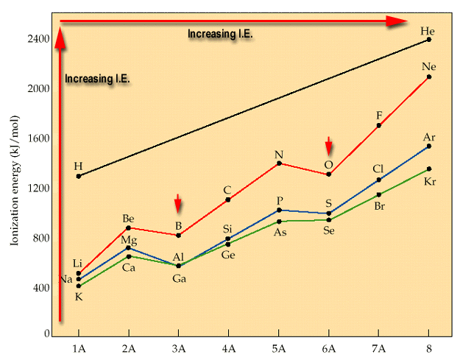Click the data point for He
pyautogui.click(x=428, y=39)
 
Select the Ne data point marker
pyautogui.click(x=428, y=77)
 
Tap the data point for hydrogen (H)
pyautogui.click(x=78, y=176)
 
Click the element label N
pyautogui.click(x=279, y=155)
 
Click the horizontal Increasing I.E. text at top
pyautogui.click(x=220, y=34)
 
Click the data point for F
pyautogui.click(x=378, y=126)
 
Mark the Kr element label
pyautogui.click(x=430, y=181)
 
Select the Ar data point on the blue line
pyautogui.click(x=428, y=146)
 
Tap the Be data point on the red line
pyautogui.click(x=128, y=227)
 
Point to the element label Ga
pyautogui.click(x=179, y=278)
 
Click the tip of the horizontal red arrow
pyautogui.click(x=406, y=22)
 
